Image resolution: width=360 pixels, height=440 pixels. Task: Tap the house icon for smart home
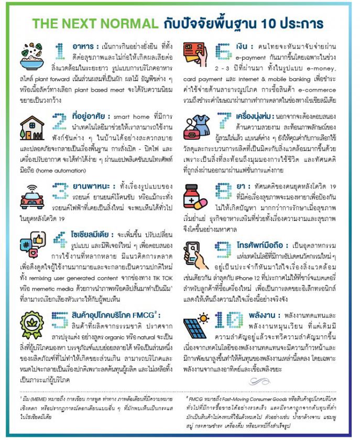(32, 128)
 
